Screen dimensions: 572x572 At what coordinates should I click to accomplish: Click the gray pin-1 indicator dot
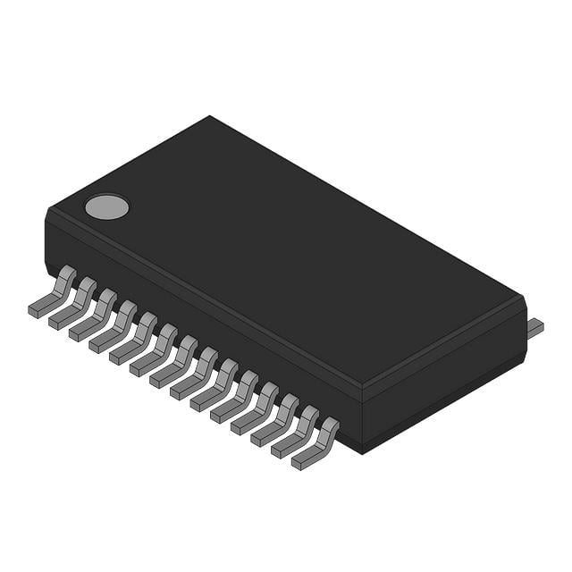click(106, 206)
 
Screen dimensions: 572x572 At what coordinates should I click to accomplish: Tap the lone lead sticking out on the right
click(534, 328)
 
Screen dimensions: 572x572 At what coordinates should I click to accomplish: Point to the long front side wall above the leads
click(206, 313)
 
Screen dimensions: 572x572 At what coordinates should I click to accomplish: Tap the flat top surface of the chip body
click(286, 241)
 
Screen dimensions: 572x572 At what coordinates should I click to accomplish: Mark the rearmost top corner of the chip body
click(211, 117)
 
